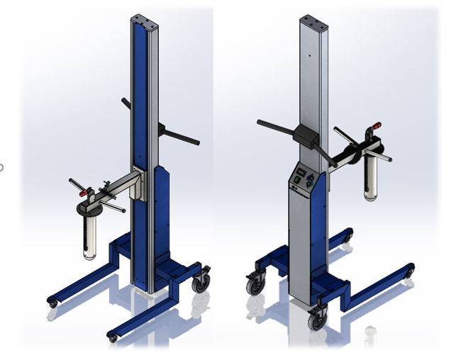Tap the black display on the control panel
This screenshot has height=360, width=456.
[301, 172]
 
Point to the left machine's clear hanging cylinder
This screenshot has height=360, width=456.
[89, 237]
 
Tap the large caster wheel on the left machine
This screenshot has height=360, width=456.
[201, 283]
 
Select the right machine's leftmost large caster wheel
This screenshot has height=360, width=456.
[253, 285]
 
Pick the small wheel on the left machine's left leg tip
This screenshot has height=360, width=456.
[52, 303]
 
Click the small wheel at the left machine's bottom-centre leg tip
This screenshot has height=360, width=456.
[112, 337]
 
